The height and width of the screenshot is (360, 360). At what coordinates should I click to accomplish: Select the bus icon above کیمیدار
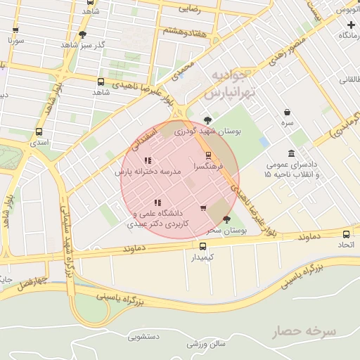click(x=203, y=246)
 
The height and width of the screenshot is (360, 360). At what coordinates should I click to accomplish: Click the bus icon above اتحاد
click(x=346, y=233)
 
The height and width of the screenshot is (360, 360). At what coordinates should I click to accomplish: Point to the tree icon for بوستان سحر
click(x=226, y=219)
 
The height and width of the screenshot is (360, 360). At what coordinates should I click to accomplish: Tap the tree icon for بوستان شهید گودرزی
click(x=207, y=120)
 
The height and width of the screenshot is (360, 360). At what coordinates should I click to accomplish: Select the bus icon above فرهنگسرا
click(x=208, y=155)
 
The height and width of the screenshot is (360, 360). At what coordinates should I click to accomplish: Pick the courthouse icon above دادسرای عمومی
click(x=291, y=153)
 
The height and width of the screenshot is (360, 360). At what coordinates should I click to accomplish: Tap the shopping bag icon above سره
click(x=287, y=112)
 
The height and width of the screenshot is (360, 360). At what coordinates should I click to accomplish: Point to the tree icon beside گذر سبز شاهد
click(x=83, y=34)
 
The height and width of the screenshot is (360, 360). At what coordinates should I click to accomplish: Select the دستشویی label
click(x=143, y=336)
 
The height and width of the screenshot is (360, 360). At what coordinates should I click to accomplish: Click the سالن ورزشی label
click(x=206, y=344)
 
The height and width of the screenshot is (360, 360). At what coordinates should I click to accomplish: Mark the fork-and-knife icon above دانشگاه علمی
click(x=157, y=202)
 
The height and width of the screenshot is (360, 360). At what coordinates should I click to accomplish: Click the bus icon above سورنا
click(x=15, y=30)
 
